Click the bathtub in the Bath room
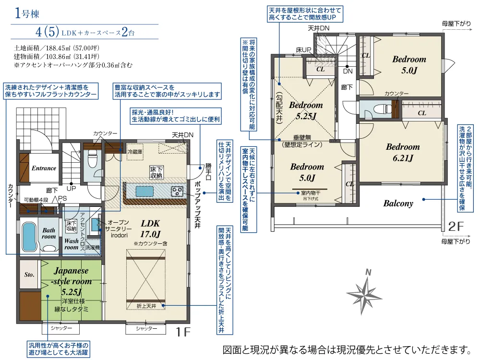[x=30, y=237]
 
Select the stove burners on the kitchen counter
[x=177, y=191]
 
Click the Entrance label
[x=44, y=168]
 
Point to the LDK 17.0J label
[x=150, y=228]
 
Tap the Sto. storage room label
[x=29, y=275]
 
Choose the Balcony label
[x=398, y=204]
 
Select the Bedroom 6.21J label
[x=403, y=152]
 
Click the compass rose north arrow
[x=364, y=293]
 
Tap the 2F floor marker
[x=456, y=226]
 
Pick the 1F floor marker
[x=183, y=332]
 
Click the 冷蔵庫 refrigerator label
[x=135, y=152]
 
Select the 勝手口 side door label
[x=208, y=171]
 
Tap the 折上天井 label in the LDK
[x=146, y=306]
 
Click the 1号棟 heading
[x=27, y=14]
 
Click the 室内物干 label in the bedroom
[x=311, y=193]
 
